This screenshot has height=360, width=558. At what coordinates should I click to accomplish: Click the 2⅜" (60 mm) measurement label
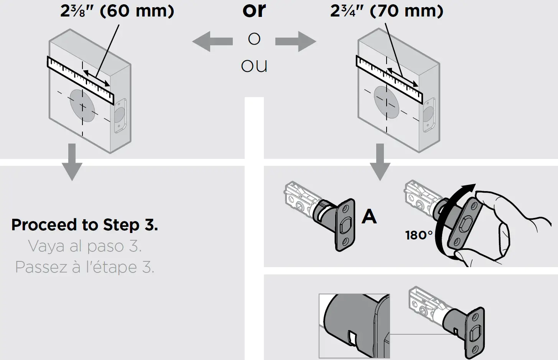pyautogui.click(x=117, y=11)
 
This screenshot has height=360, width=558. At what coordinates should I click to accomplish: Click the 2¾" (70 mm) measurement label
pyautogui.click(x=387, y=11)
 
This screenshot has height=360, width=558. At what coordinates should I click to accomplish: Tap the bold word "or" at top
pyautogui.click(x=254, y=10)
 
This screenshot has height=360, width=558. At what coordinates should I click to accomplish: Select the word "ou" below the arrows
pyautogui.click(x=254, y=66)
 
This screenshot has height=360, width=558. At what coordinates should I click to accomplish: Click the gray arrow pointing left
pyautogui.click(x=212, y=41)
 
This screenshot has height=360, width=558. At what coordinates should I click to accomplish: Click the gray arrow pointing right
pyautogui.click(x=296, y=41)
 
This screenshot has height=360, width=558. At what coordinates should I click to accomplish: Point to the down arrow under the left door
pyautogui.click(x=72, y=162)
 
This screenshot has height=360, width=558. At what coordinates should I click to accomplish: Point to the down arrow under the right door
pyautogui.click(x=380, y=162)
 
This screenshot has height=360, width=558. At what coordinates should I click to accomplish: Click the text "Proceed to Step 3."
pyautogui.click(x=84, y=225)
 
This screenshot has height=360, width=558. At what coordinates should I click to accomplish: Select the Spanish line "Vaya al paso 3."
pyautogui.click(x=85, y=246)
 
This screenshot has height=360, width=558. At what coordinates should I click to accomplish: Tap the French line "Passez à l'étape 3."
pyautogui.click(x=85, y=267)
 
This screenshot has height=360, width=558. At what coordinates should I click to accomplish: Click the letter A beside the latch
pyautogui.click(x=369, y=216)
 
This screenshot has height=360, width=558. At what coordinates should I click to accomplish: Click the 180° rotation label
pyautogui.click(x=419, y=235)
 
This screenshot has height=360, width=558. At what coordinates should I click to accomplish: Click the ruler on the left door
pyautogui.click(x=81, y=80)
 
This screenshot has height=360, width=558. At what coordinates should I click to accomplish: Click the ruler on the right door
pyautogui.click(x=389, y=79)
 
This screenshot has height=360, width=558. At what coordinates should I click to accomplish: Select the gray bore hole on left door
pyautogui.click(x=82, y=106)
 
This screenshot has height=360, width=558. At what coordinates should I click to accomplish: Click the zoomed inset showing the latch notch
pyautogui.click(x=354, y=326)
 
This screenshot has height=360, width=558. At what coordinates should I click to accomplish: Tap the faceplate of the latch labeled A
pyautogui.click(x=345, y=225)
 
